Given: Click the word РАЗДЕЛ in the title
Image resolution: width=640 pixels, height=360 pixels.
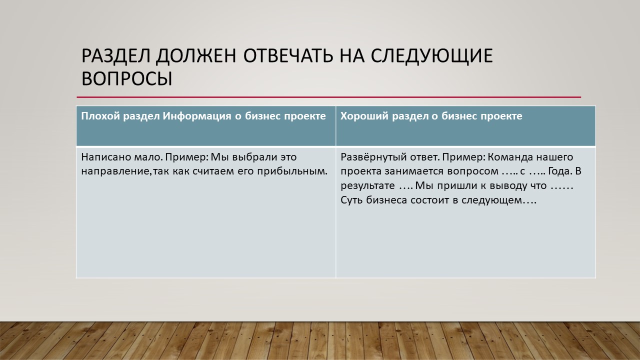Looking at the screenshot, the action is (x=115, y=55).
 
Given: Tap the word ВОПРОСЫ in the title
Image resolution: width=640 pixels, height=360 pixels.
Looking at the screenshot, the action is (x=127, y=78).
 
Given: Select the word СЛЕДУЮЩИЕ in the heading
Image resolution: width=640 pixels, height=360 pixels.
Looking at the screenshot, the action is (x=431, y=55).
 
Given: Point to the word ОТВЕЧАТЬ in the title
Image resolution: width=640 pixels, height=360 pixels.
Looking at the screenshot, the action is (x=288, y=55).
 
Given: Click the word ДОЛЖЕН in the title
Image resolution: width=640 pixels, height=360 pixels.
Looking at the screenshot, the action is (x=196, y=55).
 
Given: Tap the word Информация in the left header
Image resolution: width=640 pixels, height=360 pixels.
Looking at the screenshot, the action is (x=197, y=116).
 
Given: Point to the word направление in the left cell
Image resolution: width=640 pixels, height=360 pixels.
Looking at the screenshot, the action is (x=115, y=171).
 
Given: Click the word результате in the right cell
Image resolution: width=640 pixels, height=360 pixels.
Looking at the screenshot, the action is (x=367, y=185).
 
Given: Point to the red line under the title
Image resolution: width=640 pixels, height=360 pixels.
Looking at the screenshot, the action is (x=329, y=97).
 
